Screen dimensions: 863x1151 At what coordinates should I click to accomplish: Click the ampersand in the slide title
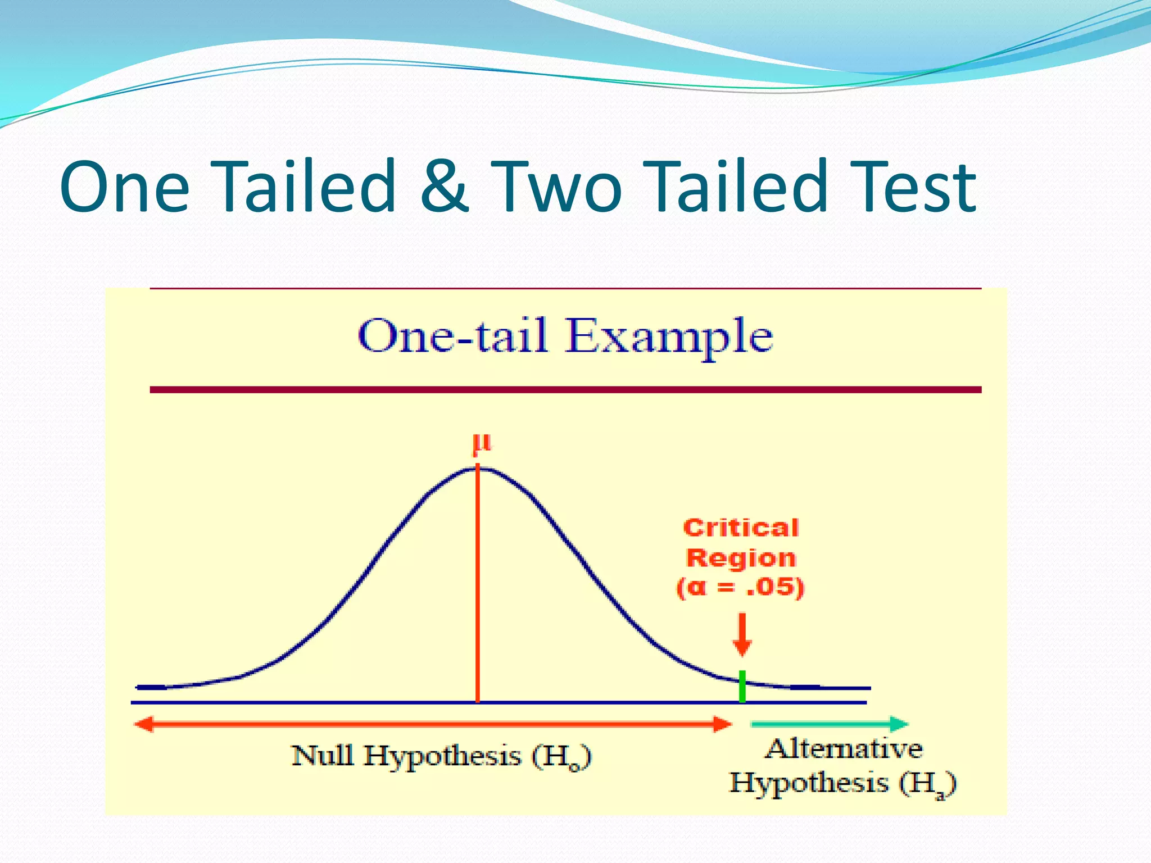444,187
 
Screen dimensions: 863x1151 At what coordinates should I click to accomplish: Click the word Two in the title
556,187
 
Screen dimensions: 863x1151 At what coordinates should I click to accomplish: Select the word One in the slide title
125,187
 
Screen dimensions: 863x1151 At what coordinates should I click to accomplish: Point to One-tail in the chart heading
452,335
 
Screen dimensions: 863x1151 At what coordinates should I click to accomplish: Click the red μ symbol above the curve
482,444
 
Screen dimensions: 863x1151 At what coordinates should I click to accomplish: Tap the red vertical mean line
478,590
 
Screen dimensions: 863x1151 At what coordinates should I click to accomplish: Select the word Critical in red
741,528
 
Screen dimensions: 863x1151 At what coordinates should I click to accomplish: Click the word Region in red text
741,558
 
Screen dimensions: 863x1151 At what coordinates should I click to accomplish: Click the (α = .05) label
741,588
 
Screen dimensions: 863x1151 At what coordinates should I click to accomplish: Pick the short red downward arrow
742,635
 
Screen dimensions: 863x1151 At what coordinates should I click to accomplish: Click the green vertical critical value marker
742,686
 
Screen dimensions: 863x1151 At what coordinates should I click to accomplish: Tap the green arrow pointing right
830,724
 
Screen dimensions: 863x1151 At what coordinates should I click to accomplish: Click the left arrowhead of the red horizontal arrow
144,724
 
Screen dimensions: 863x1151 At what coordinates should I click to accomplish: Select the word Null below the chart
323,756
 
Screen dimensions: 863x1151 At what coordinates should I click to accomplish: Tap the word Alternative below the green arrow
844,749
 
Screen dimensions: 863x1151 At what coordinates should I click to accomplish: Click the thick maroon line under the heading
565,389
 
